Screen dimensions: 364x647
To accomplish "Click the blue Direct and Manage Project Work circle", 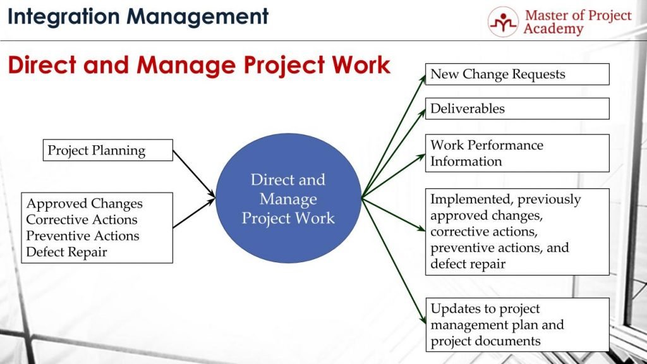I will pos(288,199).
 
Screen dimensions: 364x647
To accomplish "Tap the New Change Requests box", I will pos(517,74).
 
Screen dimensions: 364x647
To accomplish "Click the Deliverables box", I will pos(517,109).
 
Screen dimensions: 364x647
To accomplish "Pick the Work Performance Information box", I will pos(517,153).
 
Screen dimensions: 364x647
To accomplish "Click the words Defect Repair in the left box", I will pos(67,252).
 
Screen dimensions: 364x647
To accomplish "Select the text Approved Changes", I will pos(85,203).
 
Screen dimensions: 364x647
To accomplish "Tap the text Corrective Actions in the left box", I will pos(82,220).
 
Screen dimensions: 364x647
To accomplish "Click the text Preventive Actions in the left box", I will pos(83,236).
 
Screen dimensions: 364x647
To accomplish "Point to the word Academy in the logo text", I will pos(553,29).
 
